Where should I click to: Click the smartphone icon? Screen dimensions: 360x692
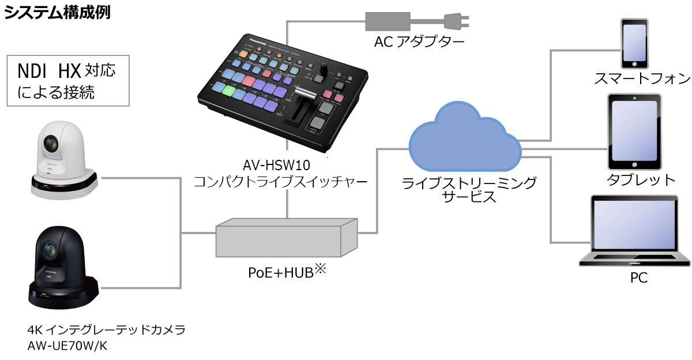coord(633,43)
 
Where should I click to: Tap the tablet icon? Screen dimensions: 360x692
coord(634,132)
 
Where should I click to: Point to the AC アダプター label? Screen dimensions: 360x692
coord(419,42)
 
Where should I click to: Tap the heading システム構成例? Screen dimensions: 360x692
coord(57,12)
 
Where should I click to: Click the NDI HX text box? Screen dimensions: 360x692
coord(67,80)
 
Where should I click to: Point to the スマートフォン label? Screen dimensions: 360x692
coord(634,78)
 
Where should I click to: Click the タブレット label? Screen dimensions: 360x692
coord(640,179)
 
